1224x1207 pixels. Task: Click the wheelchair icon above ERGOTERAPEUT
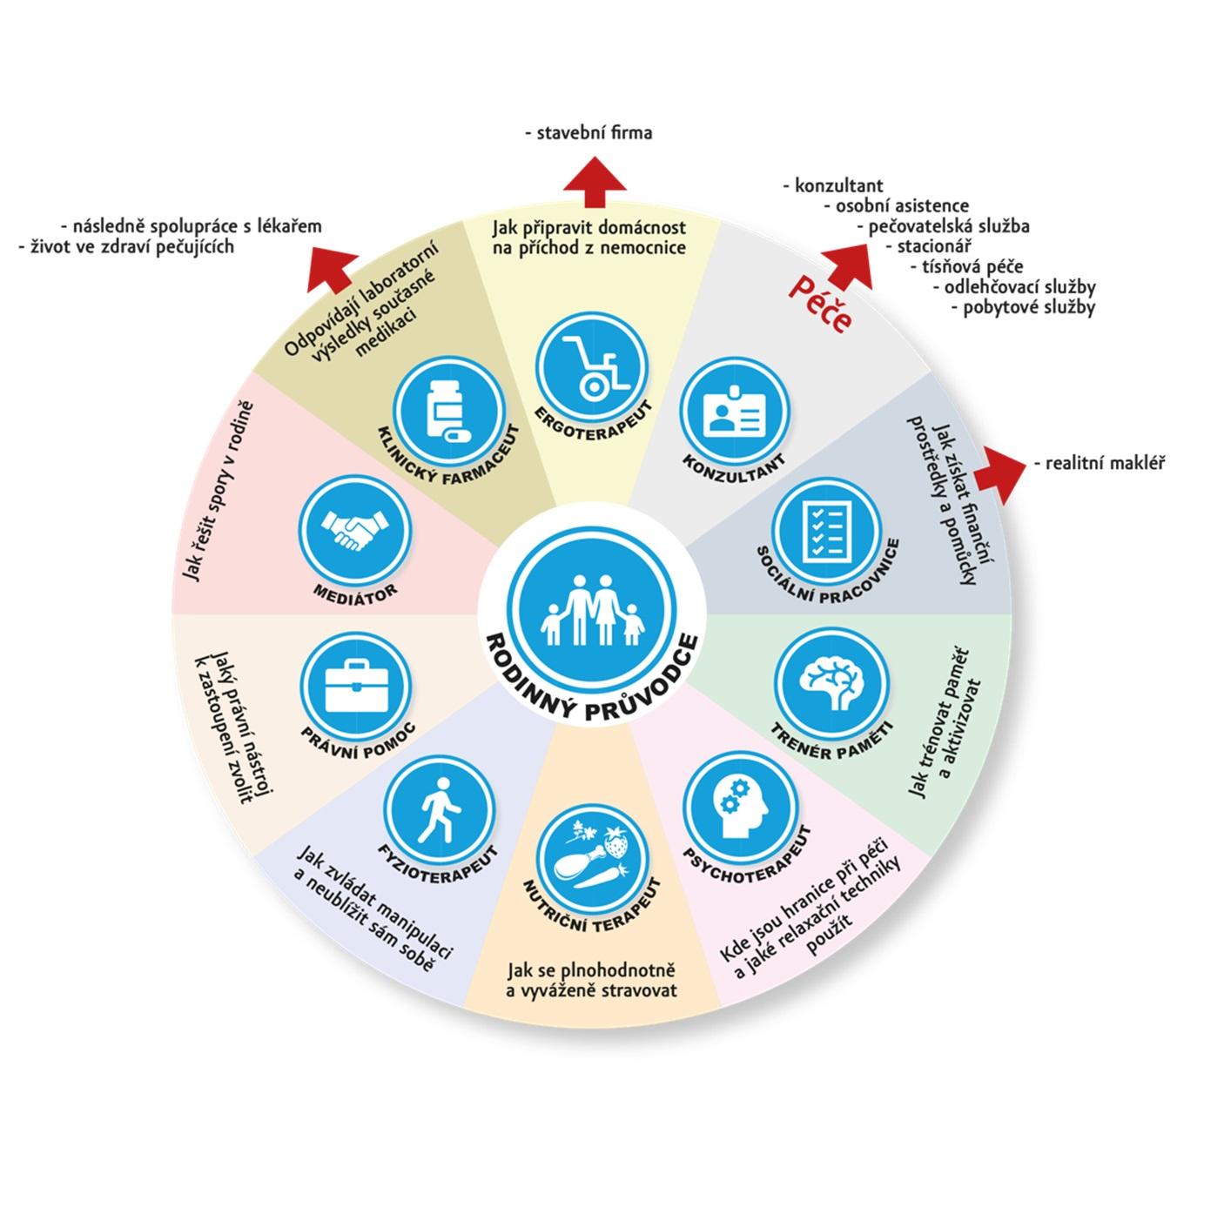point(591,366)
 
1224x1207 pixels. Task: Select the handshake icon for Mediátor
point(355,529)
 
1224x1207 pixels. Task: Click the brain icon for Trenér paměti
point(831,684)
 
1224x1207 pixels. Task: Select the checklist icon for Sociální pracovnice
point(827,531)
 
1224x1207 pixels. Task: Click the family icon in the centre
point(593,611)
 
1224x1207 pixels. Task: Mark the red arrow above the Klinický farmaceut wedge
point(332,270)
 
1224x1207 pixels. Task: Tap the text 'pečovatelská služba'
point(944,226)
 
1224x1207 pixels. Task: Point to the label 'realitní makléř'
point(1100,463)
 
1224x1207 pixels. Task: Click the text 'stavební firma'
point(588,133)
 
